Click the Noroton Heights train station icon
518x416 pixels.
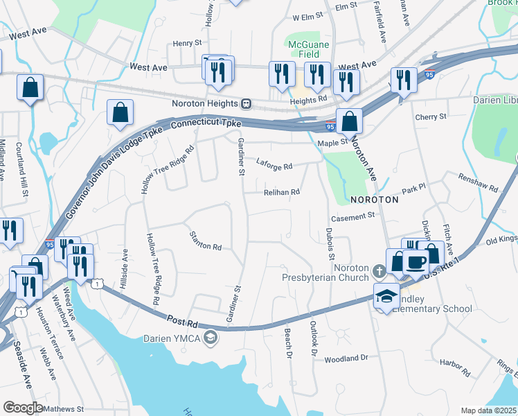coord(246,103)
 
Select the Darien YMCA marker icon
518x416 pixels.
coord(211,338)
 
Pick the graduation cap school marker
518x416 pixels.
coord(386,295)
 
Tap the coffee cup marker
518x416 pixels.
coord(416,263)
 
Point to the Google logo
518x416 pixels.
coord(22,408)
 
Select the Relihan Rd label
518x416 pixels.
coord(281,192)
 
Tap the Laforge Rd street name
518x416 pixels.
coord(274,166)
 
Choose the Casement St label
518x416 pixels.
coord(352,216)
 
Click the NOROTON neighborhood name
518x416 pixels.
coord(375,199)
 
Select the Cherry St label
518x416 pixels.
coord(431,117)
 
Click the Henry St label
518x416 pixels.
coord(186,43)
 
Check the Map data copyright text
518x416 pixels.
coord(488,410)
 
